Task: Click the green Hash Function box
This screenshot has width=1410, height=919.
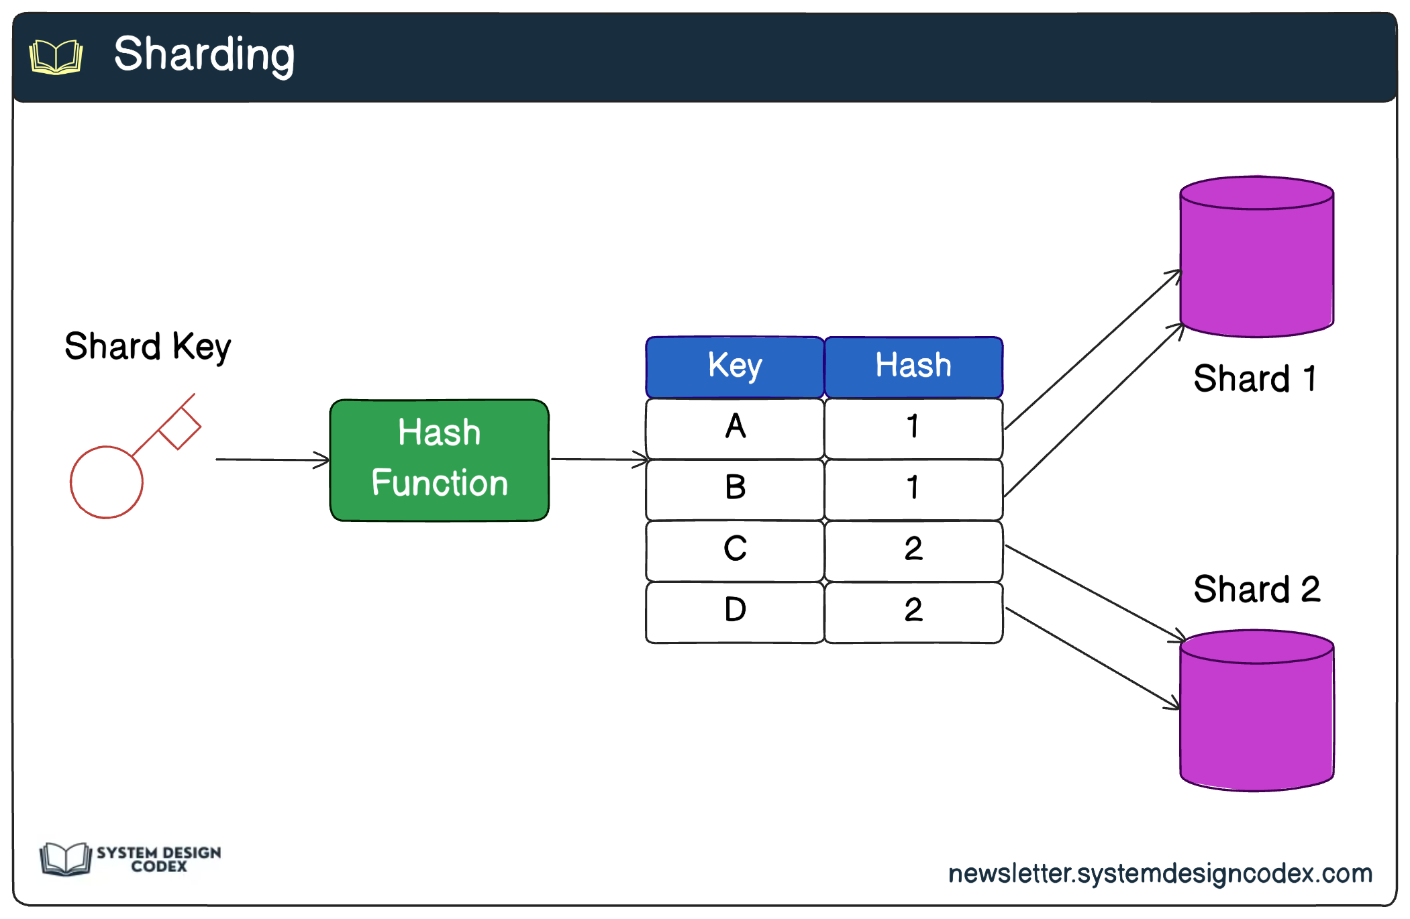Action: point(439,460)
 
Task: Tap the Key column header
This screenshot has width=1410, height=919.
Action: point(735,367)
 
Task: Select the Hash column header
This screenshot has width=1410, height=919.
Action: point(913,367)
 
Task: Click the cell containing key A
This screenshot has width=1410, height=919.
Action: point(735,428)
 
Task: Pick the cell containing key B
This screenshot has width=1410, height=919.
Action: point(735,489)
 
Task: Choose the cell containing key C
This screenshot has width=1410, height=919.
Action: point(735,550)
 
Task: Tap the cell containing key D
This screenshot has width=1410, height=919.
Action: point(735,611)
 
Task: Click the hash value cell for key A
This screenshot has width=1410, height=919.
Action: point(913,428)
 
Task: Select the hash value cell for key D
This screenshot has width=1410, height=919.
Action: point(913,611)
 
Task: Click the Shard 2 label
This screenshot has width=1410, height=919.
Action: point(1256,590)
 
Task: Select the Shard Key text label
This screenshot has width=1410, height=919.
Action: point(148,347)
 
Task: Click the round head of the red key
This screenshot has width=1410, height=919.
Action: point(107,482)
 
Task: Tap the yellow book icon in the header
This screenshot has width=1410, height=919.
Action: point(56,56)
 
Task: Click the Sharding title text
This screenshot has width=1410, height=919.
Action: point(204,55)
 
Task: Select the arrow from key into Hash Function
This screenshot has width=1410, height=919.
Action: point(272,459)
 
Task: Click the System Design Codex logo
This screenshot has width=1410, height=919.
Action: point(131,859)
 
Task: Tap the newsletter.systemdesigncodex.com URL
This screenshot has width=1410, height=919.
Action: point(1160,873)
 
